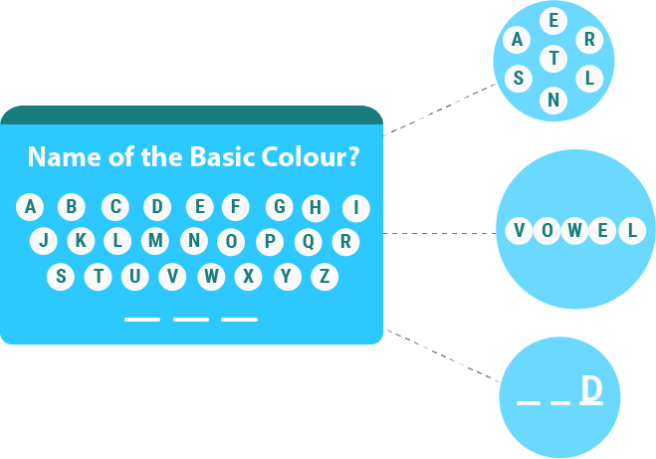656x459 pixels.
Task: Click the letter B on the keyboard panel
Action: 72,207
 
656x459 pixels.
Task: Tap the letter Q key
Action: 308,241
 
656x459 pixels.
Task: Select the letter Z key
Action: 324,276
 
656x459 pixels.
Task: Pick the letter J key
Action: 43,241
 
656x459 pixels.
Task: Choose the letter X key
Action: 248,276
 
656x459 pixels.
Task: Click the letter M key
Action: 155,241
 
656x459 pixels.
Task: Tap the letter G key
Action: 281,207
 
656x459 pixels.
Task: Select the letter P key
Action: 269,241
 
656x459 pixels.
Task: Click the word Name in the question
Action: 60,157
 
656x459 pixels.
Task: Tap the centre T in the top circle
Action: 553,60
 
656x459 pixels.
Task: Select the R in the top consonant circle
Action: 589,40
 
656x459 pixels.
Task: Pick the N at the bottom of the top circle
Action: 554,100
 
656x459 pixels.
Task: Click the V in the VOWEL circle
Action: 519,232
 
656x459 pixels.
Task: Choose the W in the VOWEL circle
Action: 575,232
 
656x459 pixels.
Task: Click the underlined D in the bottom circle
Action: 591,389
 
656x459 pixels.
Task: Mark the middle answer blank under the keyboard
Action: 191,320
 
